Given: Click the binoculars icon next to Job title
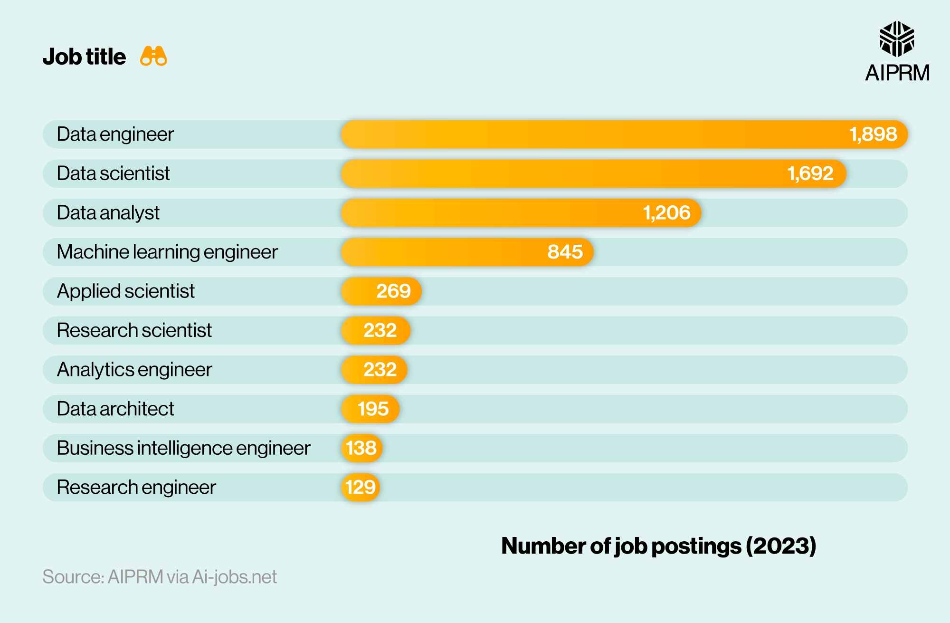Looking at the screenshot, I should pyautogui.click(x=153, y=56).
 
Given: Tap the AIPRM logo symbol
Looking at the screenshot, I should pyautogui.click(x=897, y=39).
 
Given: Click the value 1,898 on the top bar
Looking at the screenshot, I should pyautogui.click(x=873, y=134).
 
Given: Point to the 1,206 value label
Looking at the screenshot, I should pyautogui.click(x=666, y=213).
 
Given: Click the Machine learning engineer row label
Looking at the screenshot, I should pyautogui.click(x=167, y=252).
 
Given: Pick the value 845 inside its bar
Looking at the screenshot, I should pyautogui.click(x=565, y=252).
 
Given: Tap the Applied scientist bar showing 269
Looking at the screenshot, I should pyautogui.click(x=381, y=291).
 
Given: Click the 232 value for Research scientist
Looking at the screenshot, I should pyautogui.click(x=380, y=330).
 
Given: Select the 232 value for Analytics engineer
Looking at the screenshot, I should pyautogui.click(x=380, y=370).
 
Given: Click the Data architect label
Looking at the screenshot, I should pyautogui.click(x=115, y=409).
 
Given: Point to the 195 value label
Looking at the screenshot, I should pyautogui.click(x=373, y=409).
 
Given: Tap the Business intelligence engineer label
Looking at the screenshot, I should pyautogui.click(x=183, y=448).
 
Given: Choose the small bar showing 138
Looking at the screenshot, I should pyautogui.click(x=361, y=448).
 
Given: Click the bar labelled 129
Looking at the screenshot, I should pyautogui.click(x=361, y=487).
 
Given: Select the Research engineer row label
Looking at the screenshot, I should pyautogui.click(x=136, y=487).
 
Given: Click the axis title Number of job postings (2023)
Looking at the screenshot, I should pyautogui.click(x=658, y=546).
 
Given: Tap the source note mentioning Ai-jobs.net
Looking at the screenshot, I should pyautogui.click(x=160, y=577).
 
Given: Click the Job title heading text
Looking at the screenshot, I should pyautogui.click(x=84, y=57).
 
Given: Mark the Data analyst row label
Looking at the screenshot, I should pyautogui.click(x=108, y=213).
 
